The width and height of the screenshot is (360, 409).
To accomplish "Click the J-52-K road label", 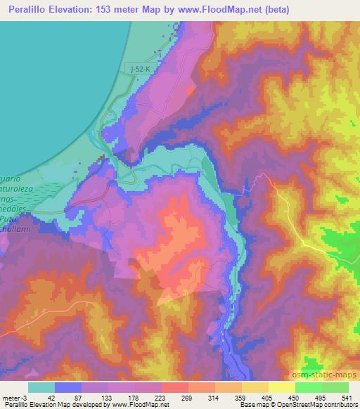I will coord(141,67).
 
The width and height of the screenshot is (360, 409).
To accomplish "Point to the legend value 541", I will coord(347,397).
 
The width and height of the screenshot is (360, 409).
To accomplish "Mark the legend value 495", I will coord(319,397).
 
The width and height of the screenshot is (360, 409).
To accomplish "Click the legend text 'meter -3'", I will coord(16,397).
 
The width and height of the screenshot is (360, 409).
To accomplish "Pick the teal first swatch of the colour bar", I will coord(41,387).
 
